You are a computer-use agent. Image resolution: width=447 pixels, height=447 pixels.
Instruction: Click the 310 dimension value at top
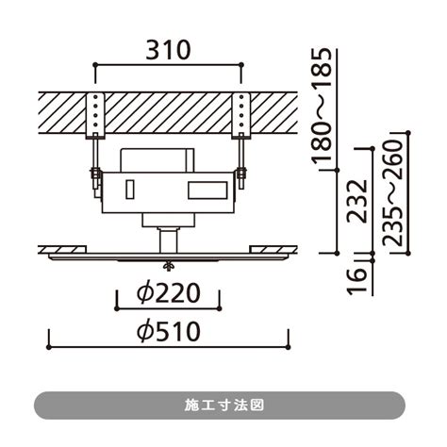(x=168, y=50)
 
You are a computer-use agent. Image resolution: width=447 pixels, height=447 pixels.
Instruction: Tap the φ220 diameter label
(x=169, y=293)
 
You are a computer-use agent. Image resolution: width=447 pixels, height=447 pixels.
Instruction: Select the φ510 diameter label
(x=169, y=331)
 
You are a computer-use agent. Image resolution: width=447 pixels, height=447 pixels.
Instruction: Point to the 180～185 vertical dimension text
(x=322, y=106)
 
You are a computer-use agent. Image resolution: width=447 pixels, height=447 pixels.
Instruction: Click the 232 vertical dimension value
(x=357, y=201)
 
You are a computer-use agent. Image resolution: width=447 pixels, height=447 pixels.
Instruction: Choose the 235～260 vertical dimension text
(x=392, y=193)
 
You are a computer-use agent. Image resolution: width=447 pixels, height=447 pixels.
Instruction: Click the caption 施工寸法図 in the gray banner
(x=223, y=406)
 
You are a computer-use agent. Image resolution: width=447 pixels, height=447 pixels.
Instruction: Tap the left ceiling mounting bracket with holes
(x=95, y=116)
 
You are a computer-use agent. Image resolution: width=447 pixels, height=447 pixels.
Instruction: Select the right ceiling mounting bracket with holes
(x=241, y=116)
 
